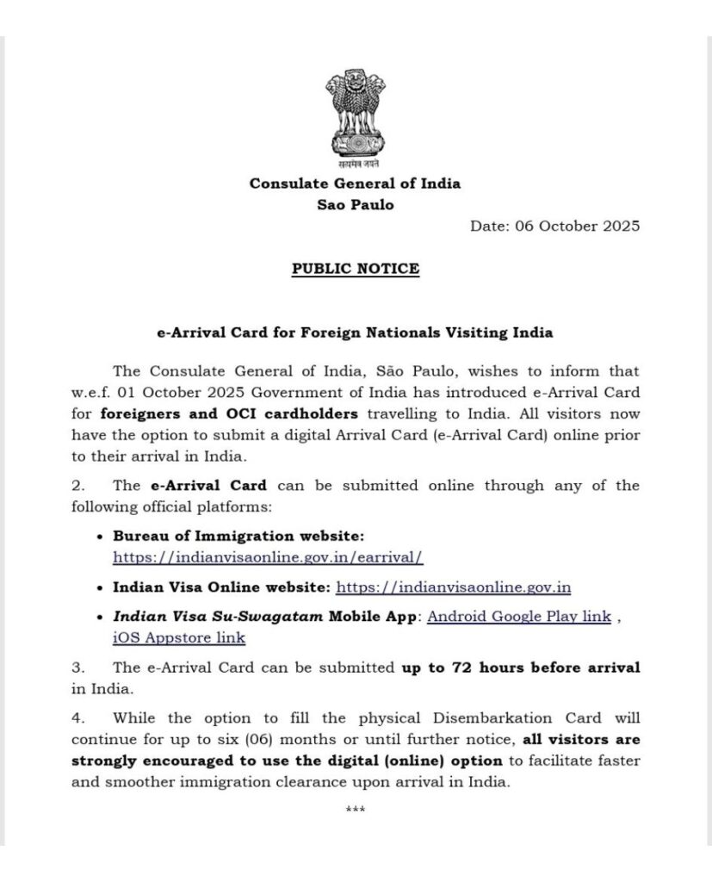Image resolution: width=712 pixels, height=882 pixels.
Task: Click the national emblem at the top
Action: (355, 113)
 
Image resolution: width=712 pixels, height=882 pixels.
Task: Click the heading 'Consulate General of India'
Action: (355, 183)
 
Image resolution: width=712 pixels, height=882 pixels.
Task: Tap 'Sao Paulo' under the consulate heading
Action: (355, 205)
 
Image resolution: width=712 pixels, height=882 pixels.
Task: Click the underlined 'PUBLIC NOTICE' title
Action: (355, 269)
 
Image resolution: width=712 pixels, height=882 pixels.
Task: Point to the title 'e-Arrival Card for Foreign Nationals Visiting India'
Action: (355, 332)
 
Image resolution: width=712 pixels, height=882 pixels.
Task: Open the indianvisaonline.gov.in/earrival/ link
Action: (268, 557)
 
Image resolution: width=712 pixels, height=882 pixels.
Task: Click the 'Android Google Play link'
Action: (519, 616)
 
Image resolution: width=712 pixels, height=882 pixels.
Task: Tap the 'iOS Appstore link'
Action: (179, 638)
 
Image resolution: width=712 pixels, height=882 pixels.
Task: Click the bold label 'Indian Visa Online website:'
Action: (221, 587)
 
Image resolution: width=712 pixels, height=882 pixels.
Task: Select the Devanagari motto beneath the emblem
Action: (355, 162)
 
